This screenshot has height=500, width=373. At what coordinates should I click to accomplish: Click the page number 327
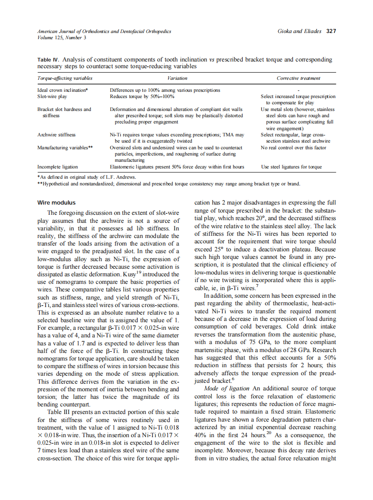pyautogui.click(x=331, y=31)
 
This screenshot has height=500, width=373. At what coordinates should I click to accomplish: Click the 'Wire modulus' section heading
pyautogui.click(x=57, y=203)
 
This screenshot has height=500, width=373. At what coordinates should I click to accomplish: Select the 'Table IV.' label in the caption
pyautogui.click(x=48, y=59)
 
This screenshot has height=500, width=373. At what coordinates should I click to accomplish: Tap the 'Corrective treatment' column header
pyautogui.click(x=298, y=78)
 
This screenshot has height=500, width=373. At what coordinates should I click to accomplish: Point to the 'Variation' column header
pyautogui.click(x=177, y=78)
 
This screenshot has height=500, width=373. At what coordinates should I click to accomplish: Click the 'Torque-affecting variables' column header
pyautogui.click(x=65, y=78)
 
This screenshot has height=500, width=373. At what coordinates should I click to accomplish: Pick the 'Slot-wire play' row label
pyautogui.click(x=53, y=96)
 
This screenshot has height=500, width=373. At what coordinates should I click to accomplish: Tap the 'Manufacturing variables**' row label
pyautogui.click(x=65, y=147)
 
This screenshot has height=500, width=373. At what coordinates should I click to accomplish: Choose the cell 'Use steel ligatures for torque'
pyautogui.click(x=291, y=167)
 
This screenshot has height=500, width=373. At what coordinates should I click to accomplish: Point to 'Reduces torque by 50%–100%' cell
pyautogui.click(x=142, y=96)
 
